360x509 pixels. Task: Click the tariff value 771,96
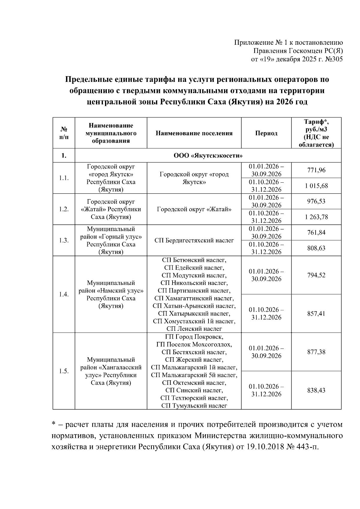316,170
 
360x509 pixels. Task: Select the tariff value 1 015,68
316,186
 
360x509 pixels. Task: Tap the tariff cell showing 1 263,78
316,217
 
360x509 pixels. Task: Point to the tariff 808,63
316,248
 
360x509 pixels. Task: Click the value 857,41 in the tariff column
316,314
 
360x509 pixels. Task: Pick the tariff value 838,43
316,391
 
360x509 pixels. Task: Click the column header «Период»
266,133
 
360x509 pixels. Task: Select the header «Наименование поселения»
194,133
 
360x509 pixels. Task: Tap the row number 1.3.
64,241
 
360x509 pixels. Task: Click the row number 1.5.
64,371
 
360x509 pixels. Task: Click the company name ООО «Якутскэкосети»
208,156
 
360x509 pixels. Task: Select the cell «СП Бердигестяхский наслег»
194,241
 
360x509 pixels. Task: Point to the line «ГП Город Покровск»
194,337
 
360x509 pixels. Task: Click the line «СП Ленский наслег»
194,329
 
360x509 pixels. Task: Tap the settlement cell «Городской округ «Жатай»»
194,209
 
